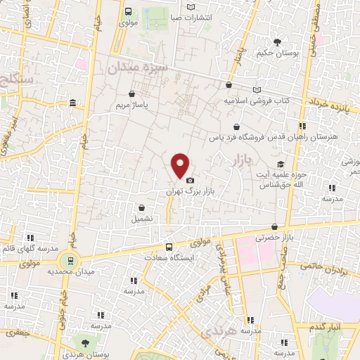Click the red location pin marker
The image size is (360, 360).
(x=181, y=165)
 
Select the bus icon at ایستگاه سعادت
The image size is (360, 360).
(x=169, y=247)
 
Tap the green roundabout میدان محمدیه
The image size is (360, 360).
(x=67, y=259)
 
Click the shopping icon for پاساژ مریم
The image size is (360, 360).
(x=132, y=94)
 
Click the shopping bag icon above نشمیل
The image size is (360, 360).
(x=143, y=207)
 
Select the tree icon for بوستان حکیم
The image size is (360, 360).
(x=278, y=41)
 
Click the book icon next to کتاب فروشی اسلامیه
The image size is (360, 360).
(x=257, y=89)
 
